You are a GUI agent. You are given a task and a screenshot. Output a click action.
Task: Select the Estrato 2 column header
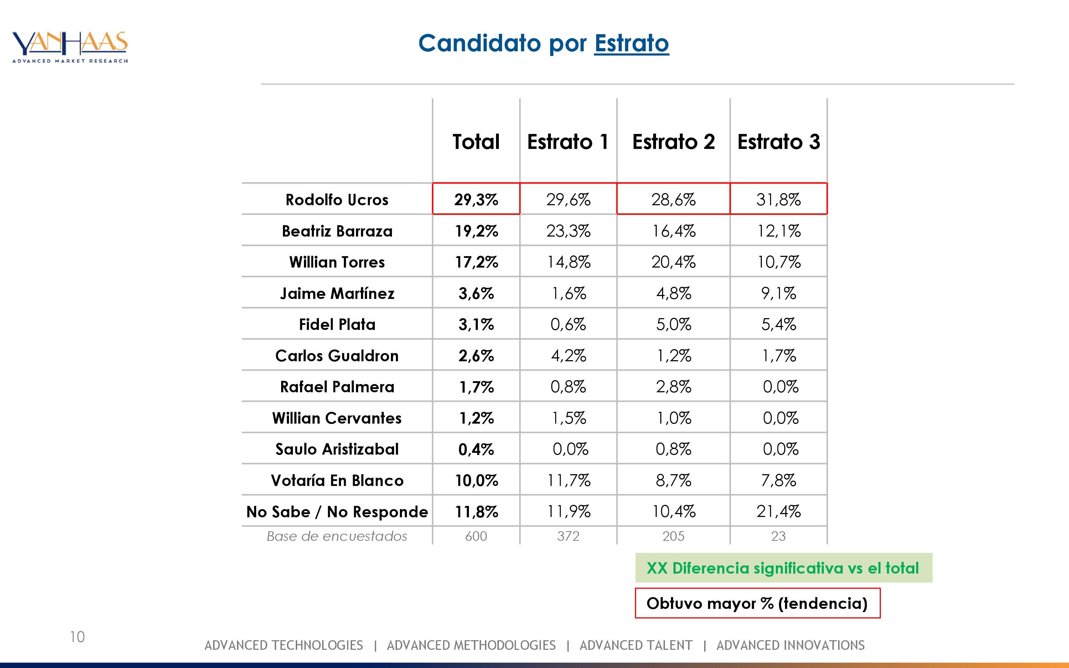673,142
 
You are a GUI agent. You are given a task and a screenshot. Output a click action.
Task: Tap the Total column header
476,142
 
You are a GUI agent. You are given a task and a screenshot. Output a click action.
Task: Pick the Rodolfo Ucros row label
337,200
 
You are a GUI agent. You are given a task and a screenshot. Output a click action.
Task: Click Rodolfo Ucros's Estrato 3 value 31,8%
778,200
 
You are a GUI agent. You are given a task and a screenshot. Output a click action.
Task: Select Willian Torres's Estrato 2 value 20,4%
673,262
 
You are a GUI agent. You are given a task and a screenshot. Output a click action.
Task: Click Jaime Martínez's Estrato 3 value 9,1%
778,293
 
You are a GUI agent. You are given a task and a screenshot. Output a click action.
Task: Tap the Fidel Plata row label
337,325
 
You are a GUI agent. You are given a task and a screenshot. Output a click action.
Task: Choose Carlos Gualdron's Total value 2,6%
476,356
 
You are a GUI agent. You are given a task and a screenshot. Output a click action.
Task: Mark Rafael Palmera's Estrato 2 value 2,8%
673,387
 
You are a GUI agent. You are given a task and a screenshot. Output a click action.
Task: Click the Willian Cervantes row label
337,418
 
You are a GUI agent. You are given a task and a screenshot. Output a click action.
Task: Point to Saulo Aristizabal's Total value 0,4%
476,449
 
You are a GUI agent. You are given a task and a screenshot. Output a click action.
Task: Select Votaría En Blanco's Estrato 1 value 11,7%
568,480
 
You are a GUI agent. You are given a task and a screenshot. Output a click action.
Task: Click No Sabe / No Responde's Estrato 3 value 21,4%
778,512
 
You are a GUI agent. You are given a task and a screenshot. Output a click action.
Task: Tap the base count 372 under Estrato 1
568,536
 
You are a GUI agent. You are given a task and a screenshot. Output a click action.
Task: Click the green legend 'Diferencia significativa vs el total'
783,568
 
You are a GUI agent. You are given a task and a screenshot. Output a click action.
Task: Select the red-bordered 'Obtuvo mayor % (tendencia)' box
757,603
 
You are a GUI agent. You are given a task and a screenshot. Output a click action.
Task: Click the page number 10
77,637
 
